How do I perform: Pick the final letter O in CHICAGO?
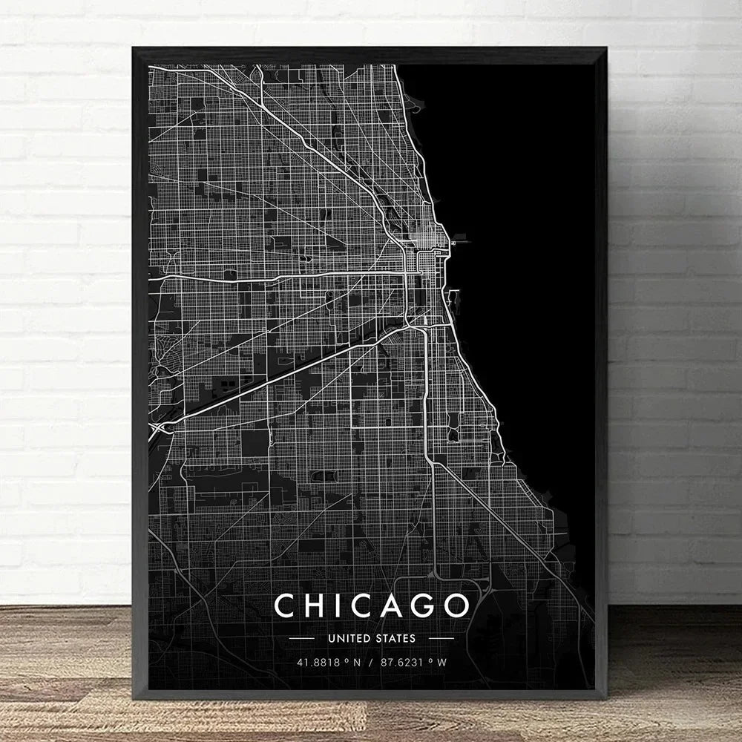(x=455, y=605)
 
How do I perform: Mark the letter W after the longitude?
(x=443, y=663)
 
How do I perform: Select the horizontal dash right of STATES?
(x=441, y=637)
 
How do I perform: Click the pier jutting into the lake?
(x=458, y=240)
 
